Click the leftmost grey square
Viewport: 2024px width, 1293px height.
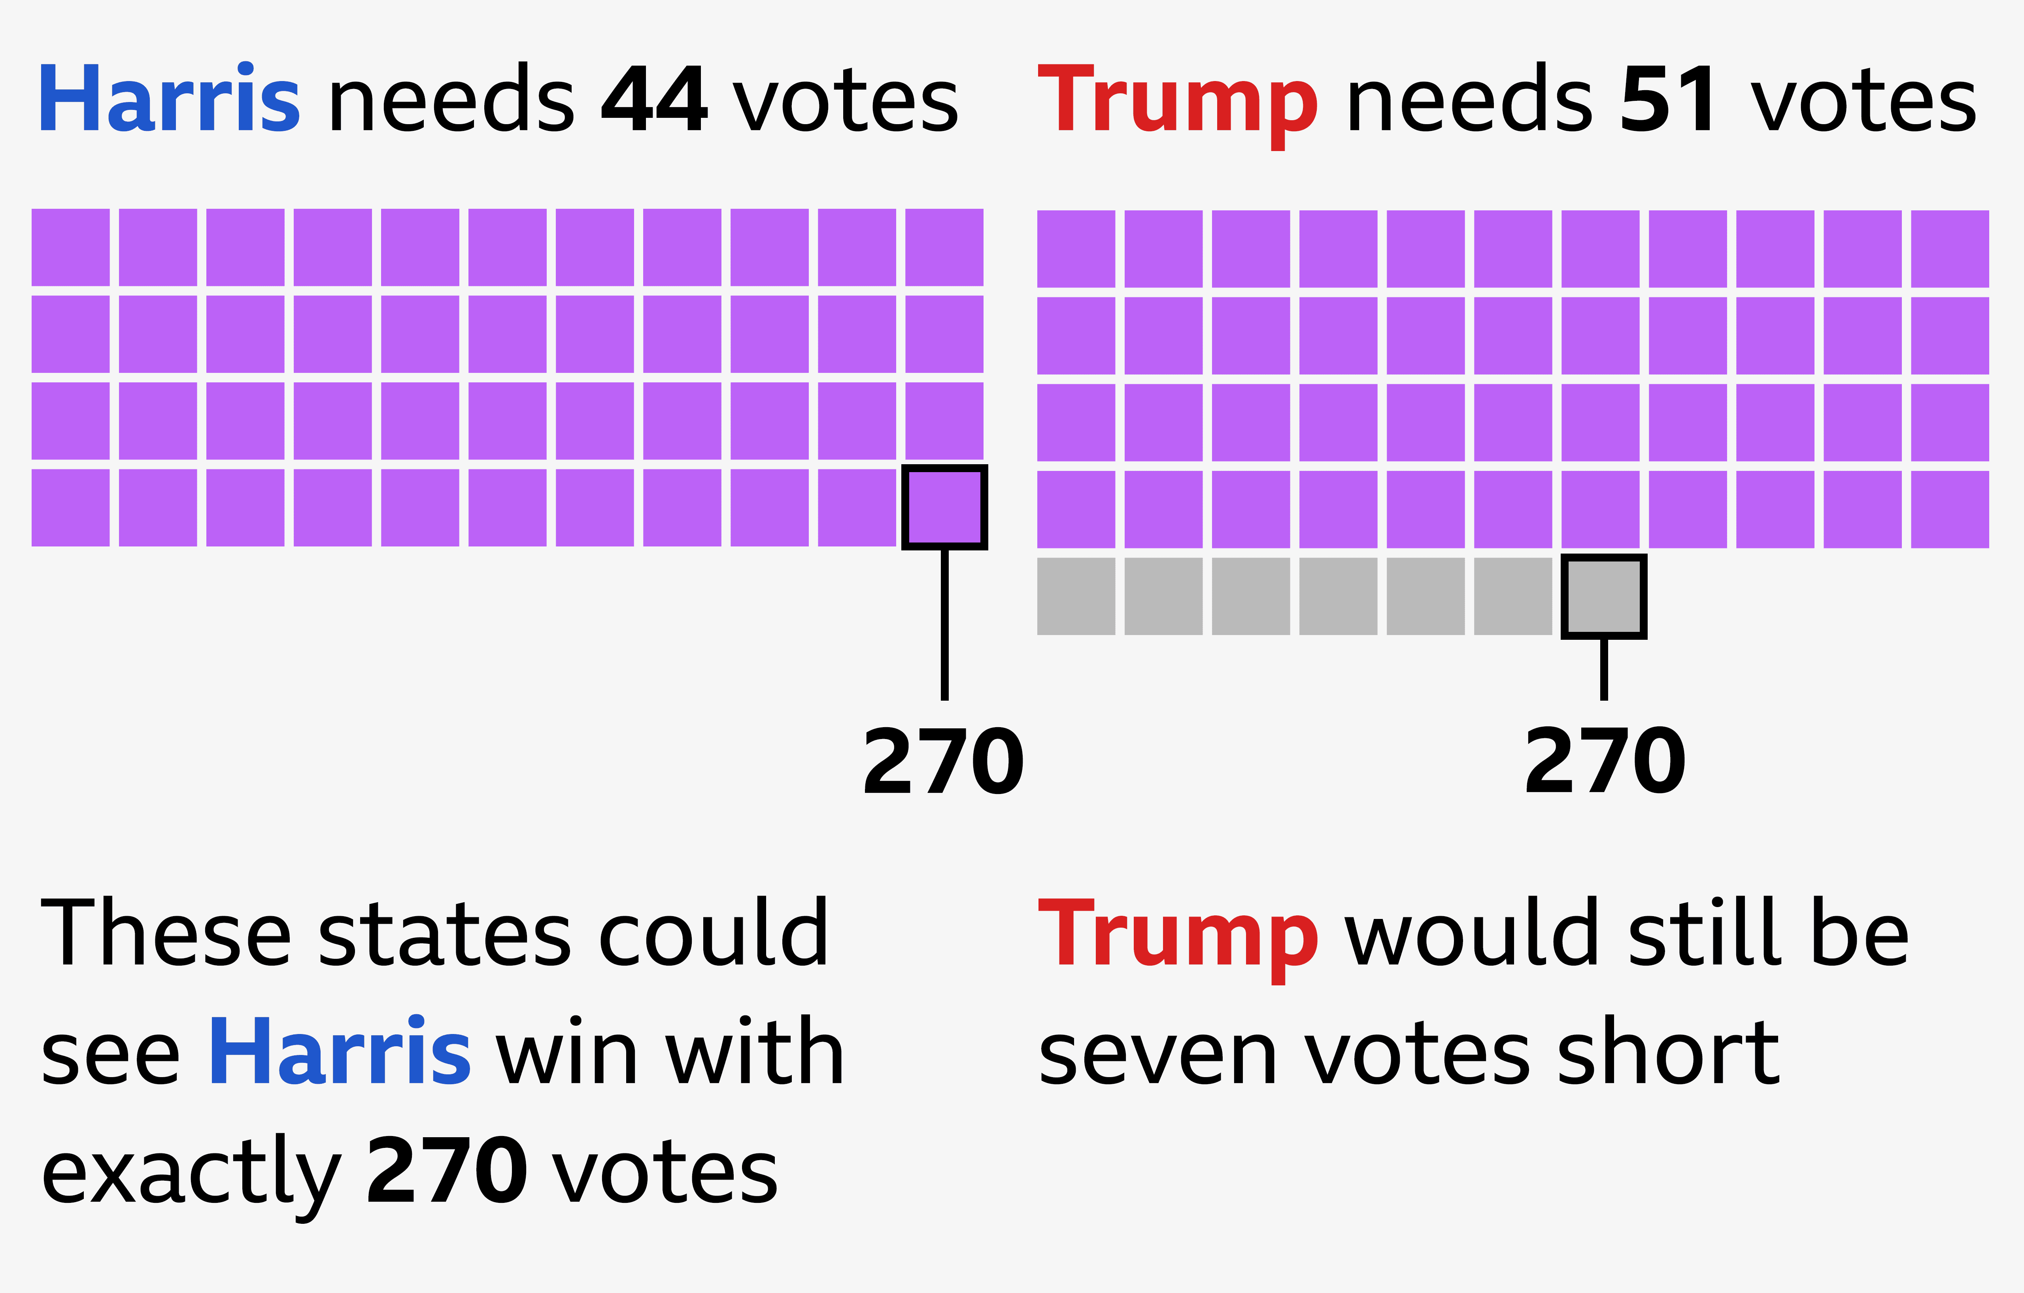tap(1076, 596)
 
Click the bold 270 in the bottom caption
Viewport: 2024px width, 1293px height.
tap(447, 1170)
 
